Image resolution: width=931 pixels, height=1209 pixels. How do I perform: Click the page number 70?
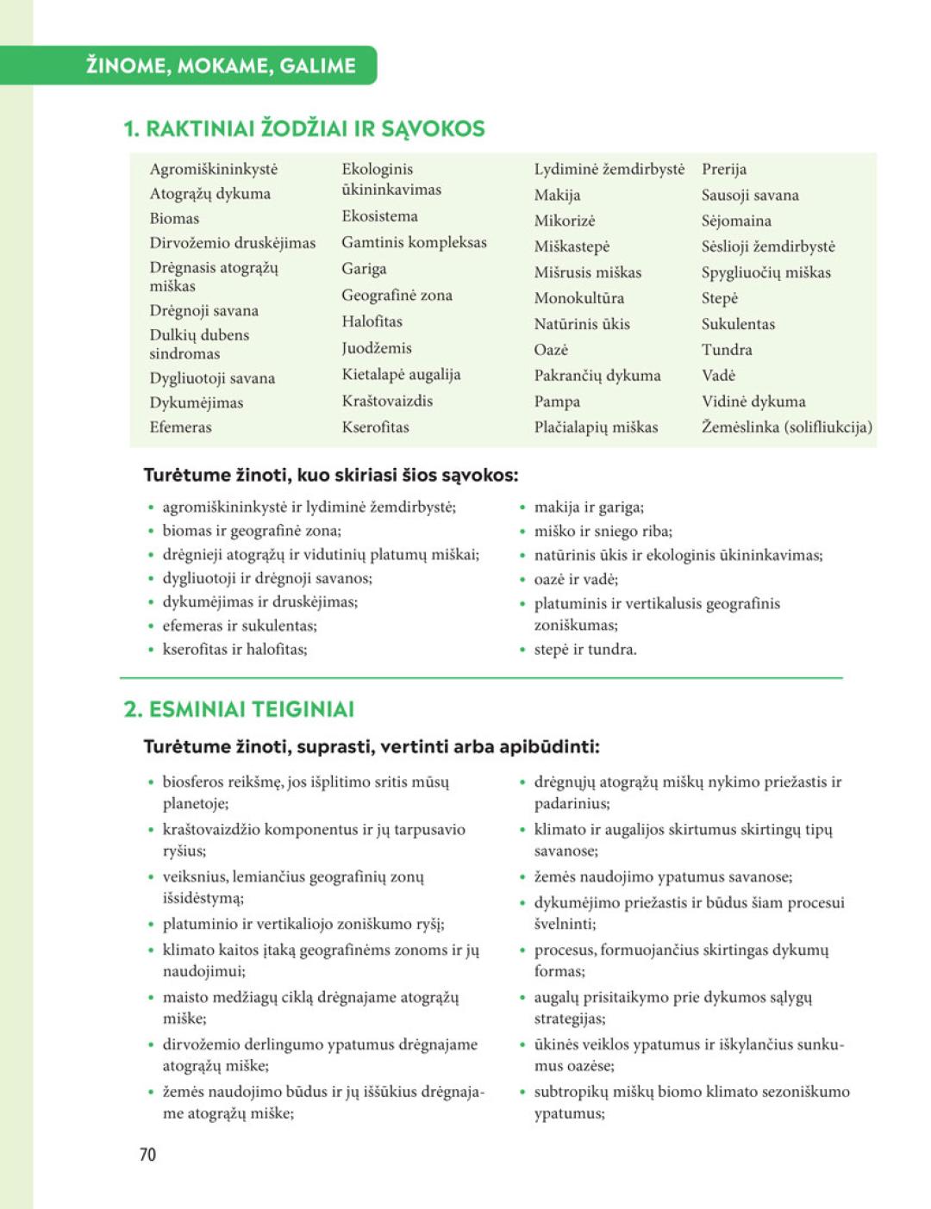pyautogui.click(x=147, y=1154)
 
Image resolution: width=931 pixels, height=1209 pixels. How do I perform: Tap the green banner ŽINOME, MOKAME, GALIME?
pyautogui.click(x=221, y=65)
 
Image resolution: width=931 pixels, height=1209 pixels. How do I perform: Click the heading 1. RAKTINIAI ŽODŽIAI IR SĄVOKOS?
pyautogui.click(x=304, y=129)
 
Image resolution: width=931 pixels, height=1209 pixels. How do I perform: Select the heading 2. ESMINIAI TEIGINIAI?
pyautogui.click(x=239, y=709)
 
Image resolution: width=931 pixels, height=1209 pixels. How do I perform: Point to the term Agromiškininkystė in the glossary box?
pyautogui.click(x=213, y=169)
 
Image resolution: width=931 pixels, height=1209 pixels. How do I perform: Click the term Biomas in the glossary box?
pyautogui.click(x=174, y=218)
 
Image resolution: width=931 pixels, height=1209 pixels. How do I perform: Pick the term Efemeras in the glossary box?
pyautogui.click(x=180, y=427)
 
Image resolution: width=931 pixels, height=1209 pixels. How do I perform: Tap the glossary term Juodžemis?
pyautogui.click(x=376, y=348)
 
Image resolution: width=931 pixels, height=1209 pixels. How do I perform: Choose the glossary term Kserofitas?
pyautogui.click(x=375, y=427)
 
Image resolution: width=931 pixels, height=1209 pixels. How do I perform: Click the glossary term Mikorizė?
pyautogui.click(x=564, y=221)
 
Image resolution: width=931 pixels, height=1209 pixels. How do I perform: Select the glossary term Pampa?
pyautogui.click(x=557, y=401)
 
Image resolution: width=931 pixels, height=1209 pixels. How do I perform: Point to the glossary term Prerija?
pyautogui.click(x=723, y=169)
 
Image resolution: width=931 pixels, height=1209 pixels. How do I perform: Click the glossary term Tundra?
pyautogui.click(x=726, y=349)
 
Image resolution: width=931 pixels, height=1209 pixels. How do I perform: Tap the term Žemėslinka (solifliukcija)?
pyautogui.click(x=786, y=427)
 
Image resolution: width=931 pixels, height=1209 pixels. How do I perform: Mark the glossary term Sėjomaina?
pyautogui.click(x=735, y=221)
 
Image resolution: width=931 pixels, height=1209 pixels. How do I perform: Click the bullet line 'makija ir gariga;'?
pyautogui.click(x=588, y=507)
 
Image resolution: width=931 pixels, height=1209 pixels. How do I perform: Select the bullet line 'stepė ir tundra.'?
pyautogui.click(x=584, y=649)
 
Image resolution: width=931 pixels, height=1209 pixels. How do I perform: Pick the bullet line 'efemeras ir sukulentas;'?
pyautogui.click(x=239, y=626)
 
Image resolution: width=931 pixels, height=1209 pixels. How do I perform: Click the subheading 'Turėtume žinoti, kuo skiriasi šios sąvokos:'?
pyautogui.click(x=331, y=475)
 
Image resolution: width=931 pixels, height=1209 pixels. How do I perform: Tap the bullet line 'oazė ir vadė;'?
pyautogui.click(x=575, y=579)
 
